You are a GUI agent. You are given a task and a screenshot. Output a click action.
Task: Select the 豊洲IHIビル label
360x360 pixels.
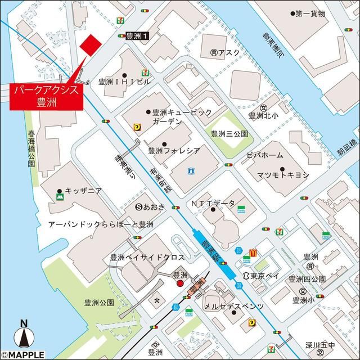point(125,81)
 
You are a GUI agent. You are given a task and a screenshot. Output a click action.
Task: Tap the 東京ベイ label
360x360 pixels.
point(263,276)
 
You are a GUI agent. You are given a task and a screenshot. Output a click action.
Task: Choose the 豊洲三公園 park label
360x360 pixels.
point(229,134)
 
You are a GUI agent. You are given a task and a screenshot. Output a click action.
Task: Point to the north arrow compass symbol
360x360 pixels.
point(24,336)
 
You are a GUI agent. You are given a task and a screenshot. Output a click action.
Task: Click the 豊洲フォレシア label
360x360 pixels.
point(174,150)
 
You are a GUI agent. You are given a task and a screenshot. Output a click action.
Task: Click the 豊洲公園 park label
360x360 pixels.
point(100,302)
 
